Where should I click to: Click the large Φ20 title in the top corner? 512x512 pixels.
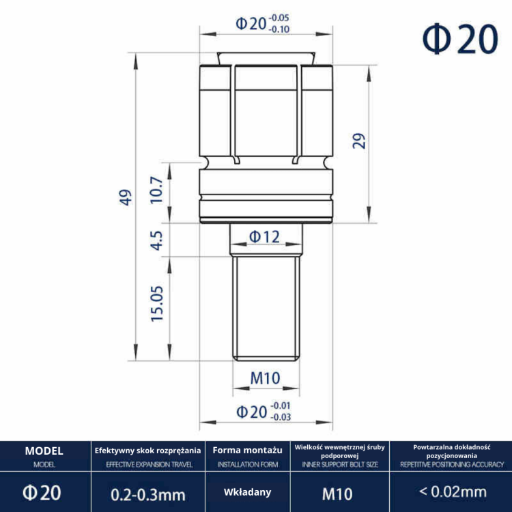point(459,39)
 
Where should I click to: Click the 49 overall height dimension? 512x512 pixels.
point(126,197)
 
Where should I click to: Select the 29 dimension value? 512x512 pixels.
point(359,141)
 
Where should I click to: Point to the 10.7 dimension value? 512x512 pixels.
point(156,190)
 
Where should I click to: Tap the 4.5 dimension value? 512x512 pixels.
point(156,240)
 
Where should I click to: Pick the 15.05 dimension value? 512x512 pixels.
point(157,304)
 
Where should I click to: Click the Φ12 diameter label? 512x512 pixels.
point(264,237)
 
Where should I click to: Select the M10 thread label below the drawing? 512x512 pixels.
point(265,378)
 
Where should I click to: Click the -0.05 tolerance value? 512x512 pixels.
point(279,18)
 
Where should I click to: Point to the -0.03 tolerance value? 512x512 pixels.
point(281,417)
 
